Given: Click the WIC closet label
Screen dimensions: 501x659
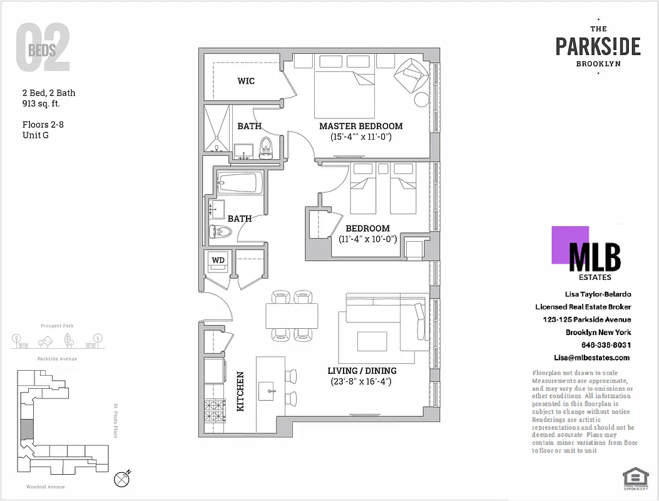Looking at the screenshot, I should click(x=246, y=81).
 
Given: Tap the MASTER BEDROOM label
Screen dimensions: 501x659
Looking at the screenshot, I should click(x=360, y=126).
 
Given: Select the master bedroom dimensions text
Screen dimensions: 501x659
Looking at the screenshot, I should click(x=361, y=137).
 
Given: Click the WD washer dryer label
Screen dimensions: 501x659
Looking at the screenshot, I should click(x=218, y=259).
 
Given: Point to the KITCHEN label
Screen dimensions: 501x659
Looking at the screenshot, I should click(x=240, y=392).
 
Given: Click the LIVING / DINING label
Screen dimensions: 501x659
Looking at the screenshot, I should click(x=362, y=371).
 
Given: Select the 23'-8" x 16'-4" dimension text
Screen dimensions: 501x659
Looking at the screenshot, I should click(x=361, y=381).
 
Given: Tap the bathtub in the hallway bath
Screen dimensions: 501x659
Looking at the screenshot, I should click(x=237, y=183).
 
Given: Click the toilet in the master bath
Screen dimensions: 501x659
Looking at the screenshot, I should click(x=265, y=148).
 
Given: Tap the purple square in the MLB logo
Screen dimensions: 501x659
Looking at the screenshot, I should click(x=570, y=245).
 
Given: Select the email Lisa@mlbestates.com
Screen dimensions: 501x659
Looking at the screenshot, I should click(x=591, y=358).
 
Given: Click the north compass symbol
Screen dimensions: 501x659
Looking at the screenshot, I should click(x=123, y=478).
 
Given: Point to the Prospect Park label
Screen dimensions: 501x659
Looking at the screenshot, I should click(x=57, y=326).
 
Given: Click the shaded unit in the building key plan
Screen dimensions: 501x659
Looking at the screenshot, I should click(x=26, y=430).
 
